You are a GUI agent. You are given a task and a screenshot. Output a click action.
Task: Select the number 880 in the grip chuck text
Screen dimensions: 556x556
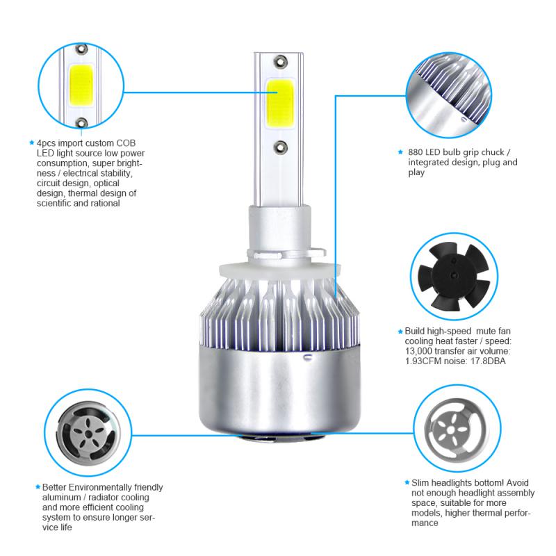(416, 152)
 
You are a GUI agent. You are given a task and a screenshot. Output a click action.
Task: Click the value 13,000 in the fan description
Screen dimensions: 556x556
(419, 351)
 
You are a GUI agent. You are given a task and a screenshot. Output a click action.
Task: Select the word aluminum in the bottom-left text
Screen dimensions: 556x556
(60, 498)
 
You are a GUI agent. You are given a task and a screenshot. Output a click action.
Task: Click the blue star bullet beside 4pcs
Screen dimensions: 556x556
(31, 142)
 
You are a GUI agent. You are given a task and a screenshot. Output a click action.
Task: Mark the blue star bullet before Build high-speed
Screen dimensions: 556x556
(400, 332)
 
